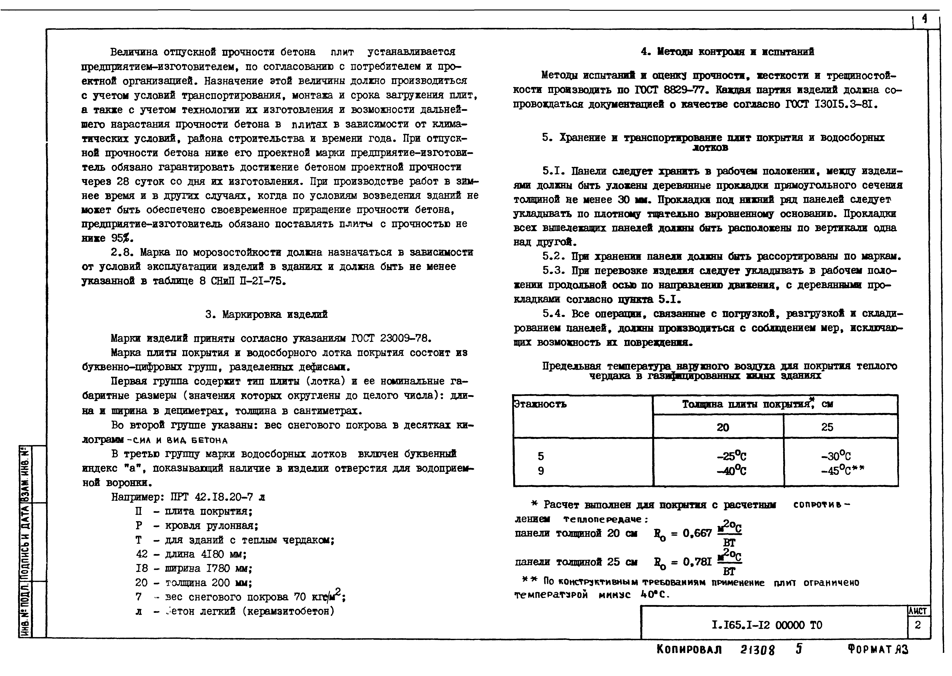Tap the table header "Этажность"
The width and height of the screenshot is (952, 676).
pos(540,404)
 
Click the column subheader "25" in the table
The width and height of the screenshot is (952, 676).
pos(827,427)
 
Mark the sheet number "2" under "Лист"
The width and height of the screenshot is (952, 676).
pos(917,625)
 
